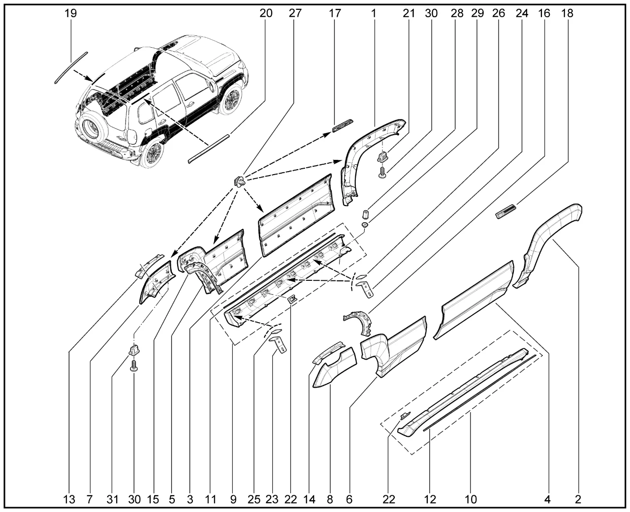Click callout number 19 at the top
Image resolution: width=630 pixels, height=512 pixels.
[x=71, y=13]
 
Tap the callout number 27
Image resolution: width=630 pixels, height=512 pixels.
[x=295, y=13]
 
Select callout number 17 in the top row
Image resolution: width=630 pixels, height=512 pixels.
[x=335, y=13]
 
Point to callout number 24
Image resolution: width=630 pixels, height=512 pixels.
[x=522, y=13]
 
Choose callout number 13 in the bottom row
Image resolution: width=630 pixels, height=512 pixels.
[x=69, y=499]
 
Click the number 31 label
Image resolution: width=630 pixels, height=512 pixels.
[x=112, y=499]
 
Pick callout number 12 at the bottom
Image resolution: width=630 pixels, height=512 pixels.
[x=430, y=499]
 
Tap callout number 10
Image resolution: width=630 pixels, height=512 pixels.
[x=471, y=499]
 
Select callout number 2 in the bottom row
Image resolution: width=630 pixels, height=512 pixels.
[x=578, y=499]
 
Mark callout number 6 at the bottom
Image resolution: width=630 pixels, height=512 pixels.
[x=349, y=499]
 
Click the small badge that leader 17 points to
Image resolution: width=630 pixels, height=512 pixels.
[x=343, y=125]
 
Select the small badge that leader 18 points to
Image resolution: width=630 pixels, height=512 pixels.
[x=506, y=211]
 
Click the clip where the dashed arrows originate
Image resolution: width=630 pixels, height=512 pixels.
[x=240, y=181]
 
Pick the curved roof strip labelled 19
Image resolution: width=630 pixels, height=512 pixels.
[x=71, y=68]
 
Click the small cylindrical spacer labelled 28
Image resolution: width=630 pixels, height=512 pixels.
[x=366, y=213]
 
